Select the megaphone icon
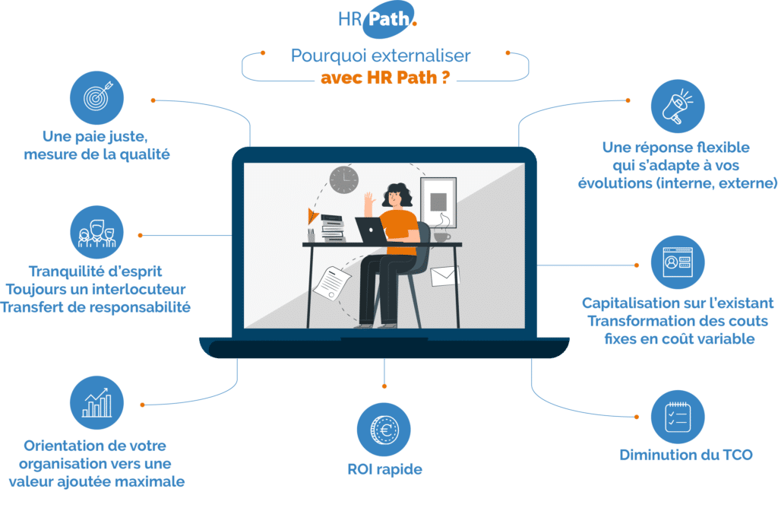(x=678, y=106)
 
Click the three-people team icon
(x=96, y=233)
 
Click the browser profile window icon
(x=678, y=262)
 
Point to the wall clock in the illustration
(x=343, y=179)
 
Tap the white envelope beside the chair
(x=445, y=275)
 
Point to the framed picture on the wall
(x=438, y=202)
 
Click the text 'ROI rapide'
(x=384, y=468)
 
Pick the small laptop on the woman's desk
(x=372, y=231)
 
